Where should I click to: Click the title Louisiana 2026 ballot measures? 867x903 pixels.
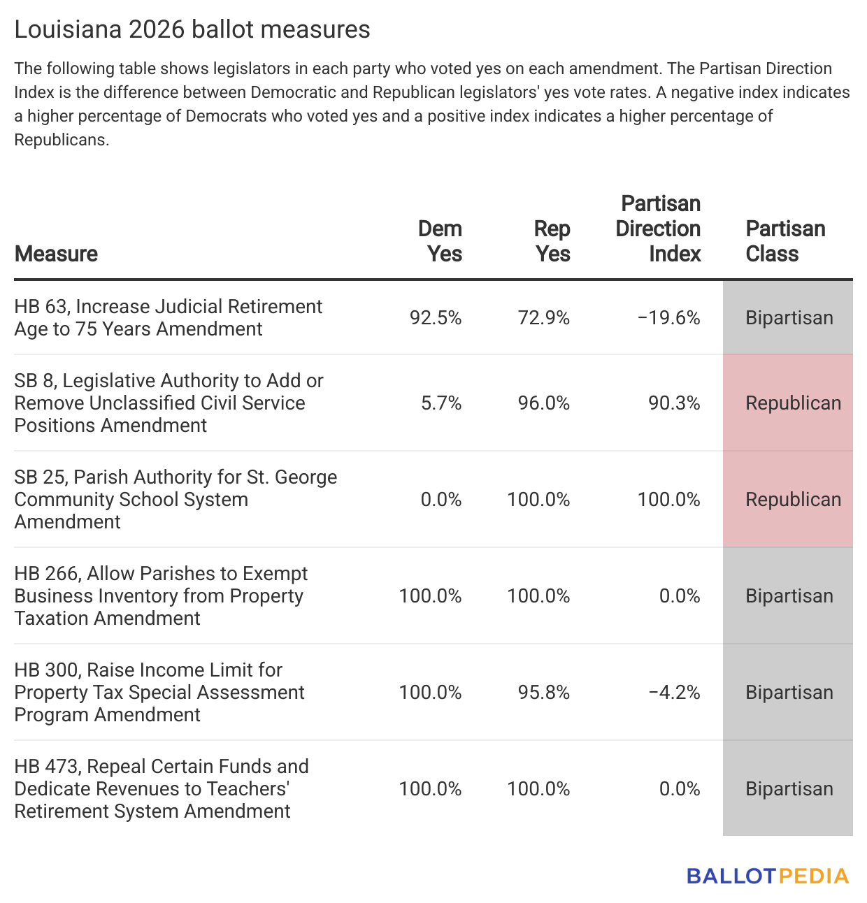coord(192,29)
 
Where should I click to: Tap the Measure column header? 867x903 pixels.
coord(56,254)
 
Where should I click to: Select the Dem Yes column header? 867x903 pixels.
coord(440,241)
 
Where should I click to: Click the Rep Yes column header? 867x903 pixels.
coord(552,241)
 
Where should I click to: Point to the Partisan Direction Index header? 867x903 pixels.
coord(658,229)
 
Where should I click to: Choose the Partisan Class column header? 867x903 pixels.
coord(785,241)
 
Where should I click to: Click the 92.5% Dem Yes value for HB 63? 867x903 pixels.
coord(436,318)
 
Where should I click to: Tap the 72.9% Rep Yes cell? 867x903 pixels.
coord(543,318)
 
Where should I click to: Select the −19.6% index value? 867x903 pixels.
coord(669,318)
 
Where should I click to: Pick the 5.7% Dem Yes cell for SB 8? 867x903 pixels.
coord(441,403)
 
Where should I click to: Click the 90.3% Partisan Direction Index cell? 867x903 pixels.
coord(674,403)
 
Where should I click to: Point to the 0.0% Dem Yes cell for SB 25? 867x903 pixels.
coord(441,500)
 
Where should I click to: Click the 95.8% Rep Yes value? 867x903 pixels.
coord(543,693)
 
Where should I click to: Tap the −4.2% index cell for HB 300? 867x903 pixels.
coord(674,693)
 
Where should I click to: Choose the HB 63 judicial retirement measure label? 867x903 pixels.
coord(168,318)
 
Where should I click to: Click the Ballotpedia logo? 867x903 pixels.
coord(768,876)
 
